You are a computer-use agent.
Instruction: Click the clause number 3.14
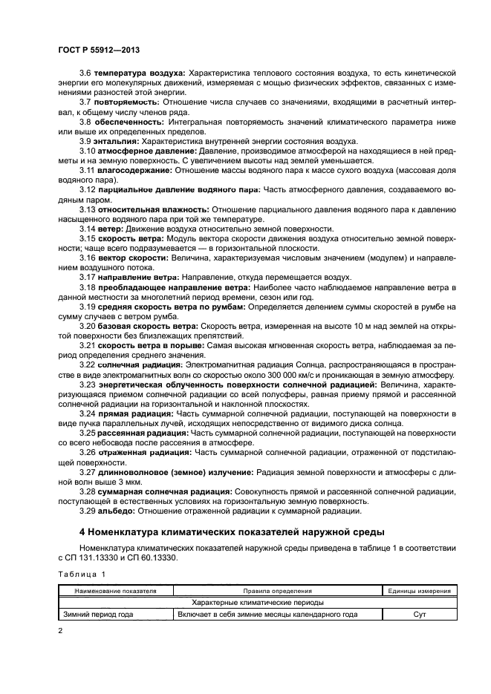point(88,229)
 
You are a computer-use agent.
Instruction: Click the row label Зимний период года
point(100,614)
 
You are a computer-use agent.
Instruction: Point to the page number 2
point(61,631)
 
